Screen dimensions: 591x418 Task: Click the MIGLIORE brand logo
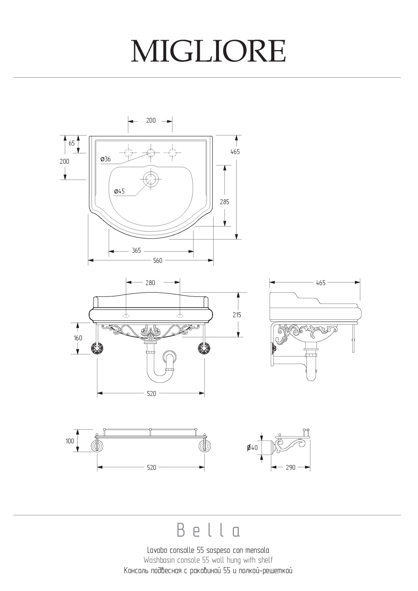(x=208, y=51)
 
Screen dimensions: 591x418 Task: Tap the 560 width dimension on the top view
(x=158, y=261)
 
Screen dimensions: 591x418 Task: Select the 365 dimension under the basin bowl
(x=136, y=251)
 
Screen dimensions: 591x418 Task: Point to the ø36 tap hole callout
(x=105, y=159)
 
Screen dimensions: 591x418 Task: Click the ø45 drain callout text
(x=119, y=191)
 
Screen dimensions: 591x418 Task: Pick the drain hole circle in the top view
(x=150, y=179)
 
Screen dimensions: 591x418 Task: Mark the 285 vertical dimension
(x=224, y=202)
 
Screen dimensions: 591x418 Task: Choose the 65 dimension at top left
(x=72, y=143)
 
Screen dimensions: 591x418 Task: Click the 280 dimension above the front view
(x=150, y=283)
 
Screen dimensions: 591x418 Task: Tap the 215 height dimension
(x=237, y=315)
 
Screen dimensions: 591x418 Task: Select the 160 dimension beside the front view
(x=78, y=338)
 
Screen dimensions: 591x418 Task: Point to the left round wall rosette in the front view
(x=97, y=348)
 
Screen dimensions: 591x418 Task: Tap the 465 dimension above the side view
(x=321, y=283)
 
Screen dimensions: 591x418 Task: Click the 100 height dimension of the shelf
(x=70, y=441)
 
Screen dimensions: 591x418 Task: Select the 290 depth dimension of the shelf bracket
(x=291, y=468)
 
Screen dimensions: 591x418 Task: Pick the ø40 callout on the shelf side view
(x=252, y=448)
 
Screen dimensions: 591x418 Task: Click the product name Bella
(x=208, y=530)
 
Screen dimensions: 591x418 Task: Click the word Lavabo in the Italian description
(x=157, y=550)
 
